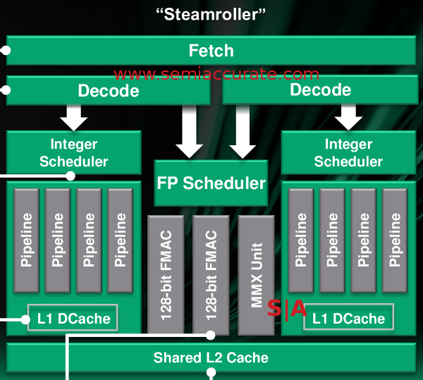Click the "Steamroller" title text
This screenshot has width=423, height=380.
tap(211, 13)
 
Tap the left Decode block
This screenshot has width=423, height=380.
tap(109, 90)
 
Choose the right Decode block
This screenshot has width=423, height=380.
tap(320, 90)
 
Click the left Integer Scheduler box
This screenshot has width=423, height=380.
tap(73, 153)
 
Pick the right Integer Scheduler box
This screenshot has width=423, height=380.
tap(348, 153)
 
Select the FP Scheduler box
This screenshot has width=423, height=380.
tap(211, 183)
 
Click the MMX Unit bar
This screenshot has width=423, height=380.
tap(256, 275)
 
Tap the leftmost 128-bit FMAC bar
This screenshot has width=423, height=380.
tap(166, 275)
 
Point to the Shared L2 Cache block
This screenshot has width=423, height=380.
tap(211, 357)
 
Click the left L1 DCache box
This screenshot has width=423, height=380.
tap(73, 319)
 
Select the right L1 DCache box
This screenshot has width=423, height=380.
tap(348, 319)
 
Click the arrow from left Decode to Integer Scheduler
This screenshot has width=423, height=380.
tap(73, 116)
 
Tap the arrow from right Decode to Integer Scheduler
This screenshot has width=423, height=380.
tap(348, 116)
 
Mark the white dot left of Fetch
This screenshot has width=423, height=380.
tap(6, 51)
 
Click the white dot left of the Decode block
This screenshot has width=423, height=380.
tap(6, 90)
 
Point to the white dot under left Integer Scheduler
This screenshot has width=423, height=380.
tap(70, 176)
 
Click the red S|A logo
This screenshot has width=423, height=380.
tap(287, 308)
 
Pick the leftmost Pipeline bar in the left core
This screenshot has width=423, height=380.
tap(27, 240)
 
